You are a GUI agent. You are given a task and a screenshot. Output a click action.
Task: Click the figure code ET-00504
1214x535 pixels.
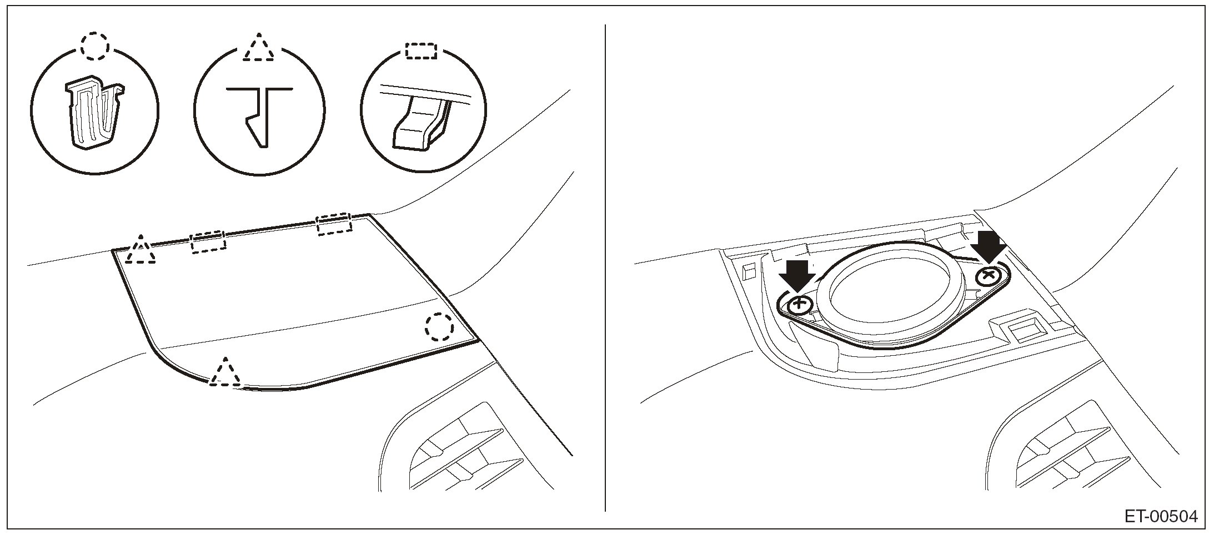[x=1161, y=517]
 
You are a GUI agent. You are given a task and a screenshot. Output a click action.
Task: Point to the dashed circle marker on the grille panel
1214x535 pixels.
[x=439, y=326]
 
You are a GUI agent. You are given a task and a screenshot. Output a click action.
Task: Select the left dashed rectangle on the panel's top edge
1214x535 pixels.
[x=208, y=243]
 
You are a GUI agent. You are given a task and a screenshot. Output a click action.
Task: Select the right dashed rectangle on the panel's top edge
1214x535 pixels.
[x=334, y=223]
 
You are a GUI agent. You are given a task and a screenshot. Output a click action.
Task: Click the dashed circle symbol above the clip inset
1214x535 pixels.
[x=94, y=46]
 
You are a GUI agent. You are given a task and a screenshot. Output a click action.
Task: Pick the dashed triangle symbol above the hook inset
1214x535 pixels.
[x=258, y=48]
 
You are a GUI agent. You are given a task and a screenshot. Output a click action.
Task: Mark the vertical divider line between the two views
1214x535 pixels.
[x=605, y=266]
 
